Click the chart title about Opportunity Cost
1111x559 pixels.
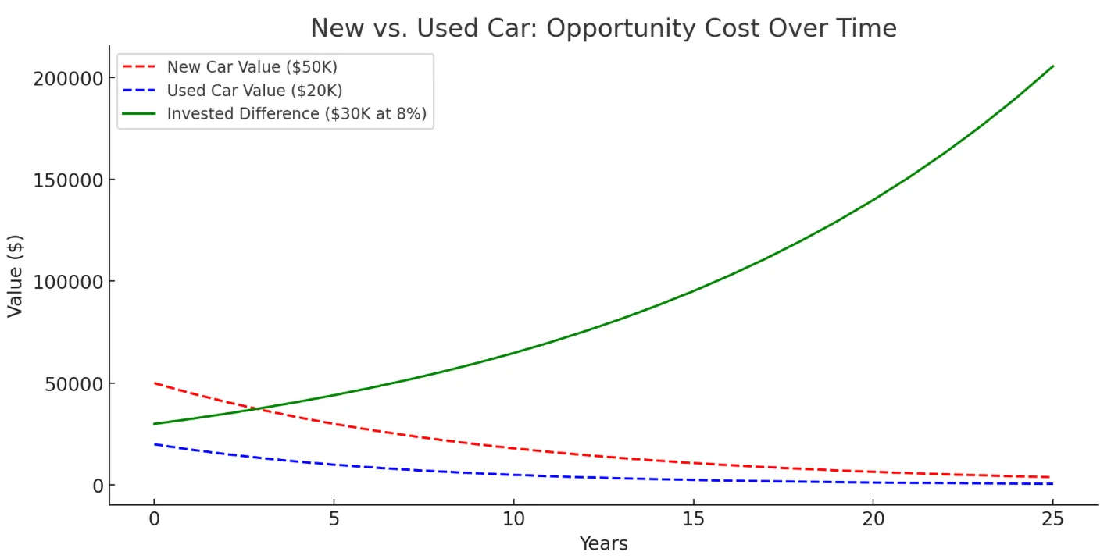tap(603, 28)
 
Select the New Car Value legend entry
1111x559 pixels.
tap(252, 67)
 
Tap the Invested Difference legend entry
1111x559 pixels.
tap(296, 114)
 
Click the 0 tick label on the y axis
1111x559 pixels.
tap(98, 486)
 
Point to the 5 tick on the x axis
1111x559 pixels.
tap(334, 519)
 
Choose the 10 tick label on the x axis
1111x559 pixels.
tap(513, 519)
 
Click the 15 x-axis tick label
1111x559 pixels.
tap(693, 519)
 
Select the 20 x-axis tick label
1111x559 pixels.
tap(873, 519)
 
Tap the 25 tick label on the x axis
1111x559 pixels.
tap(1052, 519)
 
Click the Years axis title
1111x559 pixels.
tap(603, 543)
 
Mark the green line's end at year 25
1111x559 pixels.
tap(1052, 66)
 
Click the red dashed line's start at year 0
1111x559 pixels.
tap(155, 383)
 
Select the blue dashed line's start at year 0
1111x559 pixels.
tap(155, 444)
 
